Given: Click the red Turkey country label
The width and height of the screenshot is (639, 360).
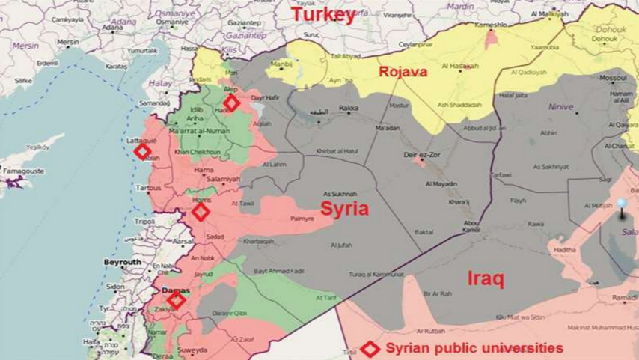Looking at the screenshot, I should click(x=322, y=16).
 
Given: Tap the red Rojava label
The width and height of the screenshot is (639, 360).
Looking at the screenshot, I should click(x=403, y=73).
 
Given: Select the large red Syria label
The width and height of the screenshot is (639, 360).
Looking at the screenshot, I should click(x=345, y=209).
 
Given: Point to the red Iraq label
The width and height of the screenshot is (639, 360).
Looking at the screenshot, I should click(x=486, y=278).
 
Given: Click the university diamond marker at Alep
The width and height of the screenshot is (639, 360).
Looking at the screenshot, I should click(x=232, y=103).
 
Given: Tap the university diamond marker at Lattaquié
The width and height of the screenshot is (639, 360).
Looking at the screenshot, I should click(x=141, y=152).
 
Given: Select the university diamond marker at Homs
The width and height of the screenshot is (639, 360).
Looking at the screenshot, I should click(x=200, y=213).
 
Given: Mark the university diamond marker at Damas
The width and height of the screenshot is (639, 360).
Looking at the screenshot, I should click(x=176, y=301).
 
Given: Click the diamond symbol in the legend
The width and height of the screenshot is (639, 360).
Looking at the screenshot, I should click(x=369, y=349).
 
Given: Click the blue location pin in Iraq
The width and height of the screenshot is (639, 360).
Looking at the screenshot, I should click(x=621, y=204).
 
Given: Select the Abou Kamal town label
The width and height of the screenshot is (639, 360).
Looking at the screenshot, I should click(x=472, y=226).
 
